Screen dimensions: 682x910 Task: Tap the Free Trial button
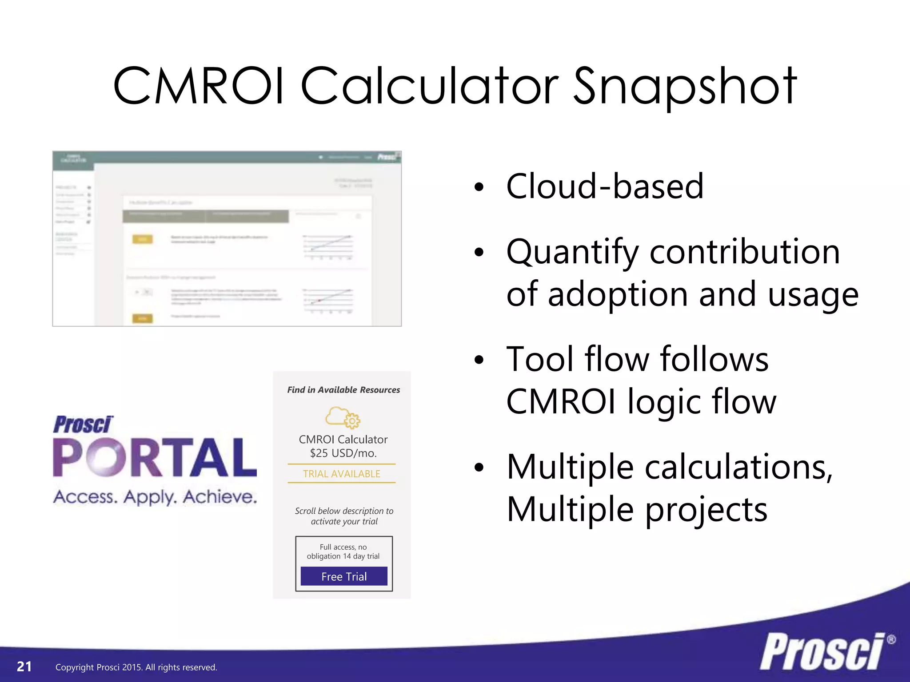click(x=344, y=576)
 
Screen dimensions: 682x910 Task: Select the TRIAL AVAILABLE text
click(x=341, y=474)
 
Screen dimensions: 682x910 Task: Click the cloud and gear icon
click(x=343, y=417)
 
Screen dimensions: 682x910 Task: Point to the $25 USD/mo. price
click(x=343, y=453)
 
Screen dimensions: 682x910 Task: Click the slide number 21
click(x=24, y=666)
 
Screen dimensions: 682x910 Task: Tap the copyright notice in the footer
click(x=136, y=667)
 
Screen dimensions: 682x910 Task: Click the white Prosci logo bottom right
click(x=822, y=652)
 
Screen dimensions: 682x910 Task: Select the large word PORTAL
click(x=155, y=457)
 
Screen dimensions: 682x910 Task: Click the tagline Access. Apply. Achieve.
click(x=155, y=497)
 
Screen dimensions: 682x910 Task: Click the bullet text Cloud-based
click(x=604, y=186)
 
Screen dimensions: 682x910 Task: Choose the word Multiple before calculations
click(x=570, y=467)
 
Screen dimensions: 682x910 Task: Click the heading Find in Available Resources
click(x=343, y=390)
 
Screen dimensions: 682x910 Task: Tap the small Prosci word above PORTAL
click(x=83, y=424)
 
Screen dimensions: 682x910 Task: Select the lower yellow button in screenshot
click(x=143, y=318)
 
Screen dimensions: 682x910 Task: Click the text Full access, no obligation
click(x=343, y=551)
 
